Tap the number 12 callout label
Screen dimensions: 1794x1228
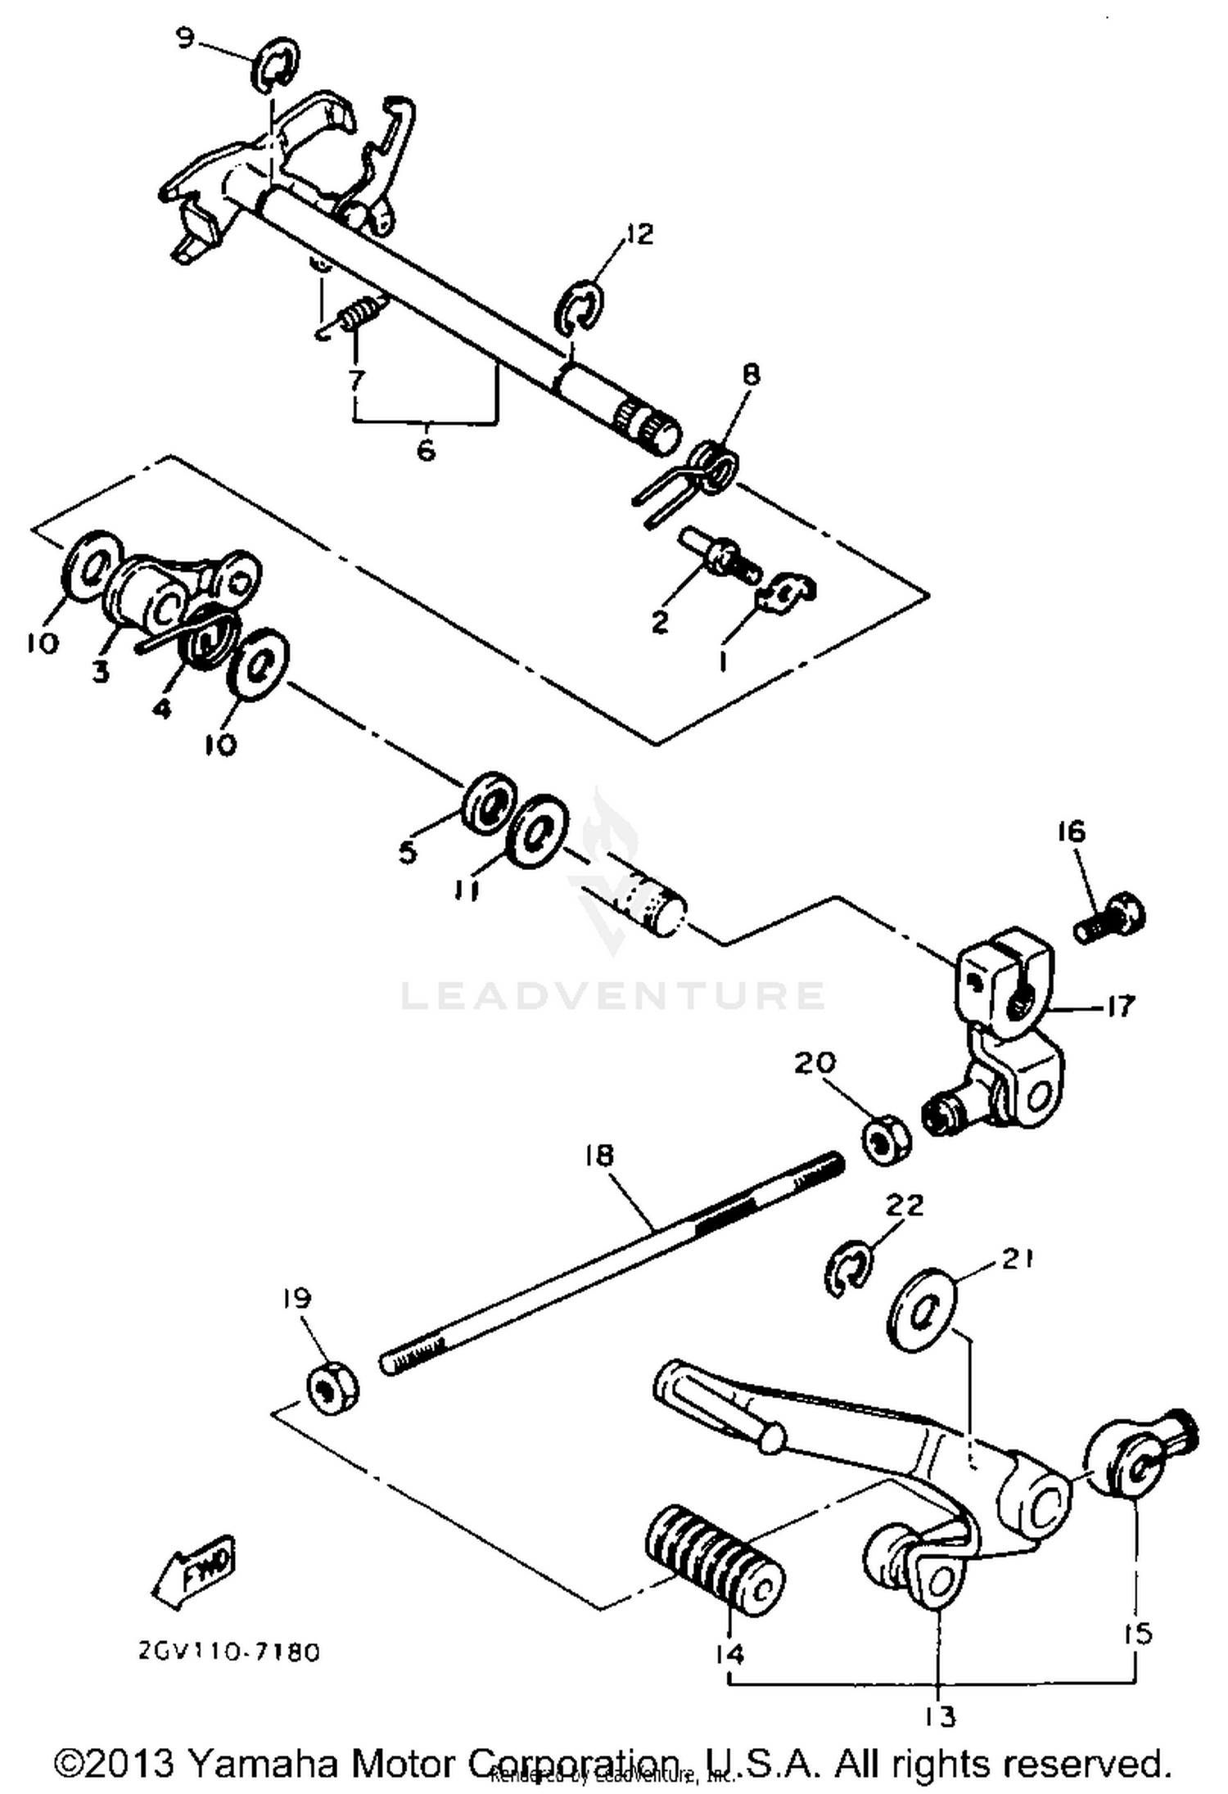(x=638, y=234)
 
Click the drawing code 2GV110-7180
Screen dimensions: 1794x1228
(x=228, y=1652)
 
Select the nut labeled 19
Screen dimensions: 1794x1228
(x=332, y=1387)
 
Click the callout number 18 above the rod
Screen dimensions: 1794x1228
(x=599, y=1155)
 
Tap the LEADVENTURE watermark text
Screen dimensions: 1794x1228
(x=612, y=996)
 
